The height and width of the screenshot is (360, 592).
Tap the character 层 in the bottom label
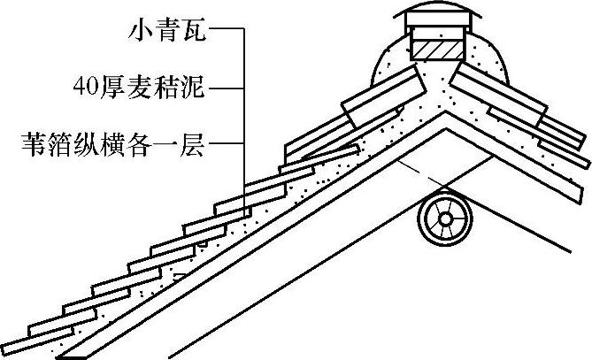coord(193,142)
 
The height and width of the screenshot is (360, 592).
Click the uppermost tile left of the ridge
coord(381,96)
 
